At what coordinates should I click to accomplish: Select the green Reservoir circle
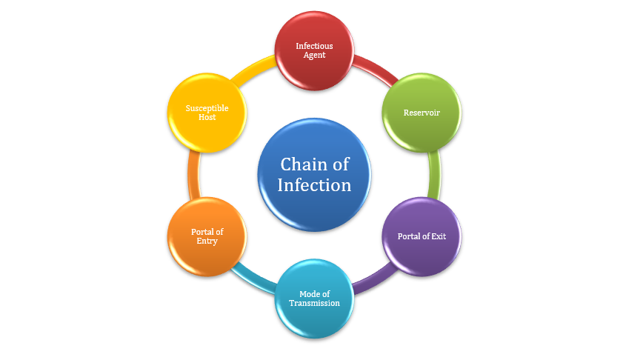point(422,113)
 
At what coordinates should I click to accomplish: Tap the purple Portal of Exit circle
point(421,237)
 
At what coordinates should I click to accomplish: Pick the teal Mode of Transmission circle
point(314,299)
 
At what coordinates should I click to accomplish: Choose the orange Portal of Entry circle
point(207,237)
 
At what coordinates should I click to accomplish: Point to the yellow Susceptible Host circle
point(207,113)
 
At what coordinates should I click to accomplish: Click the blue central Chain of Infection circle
point(314,175)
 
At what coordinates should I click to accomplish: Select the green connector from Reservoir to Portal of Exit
point(435,175)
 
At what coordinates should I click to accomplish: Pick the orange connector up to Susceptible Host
point(194,175)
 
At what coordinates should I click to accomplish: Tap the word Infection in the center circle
point(314,184)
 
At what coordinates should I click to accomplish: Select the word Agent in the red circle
point(314,55)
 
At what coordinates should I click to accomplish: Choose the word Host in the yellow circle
point(207,117)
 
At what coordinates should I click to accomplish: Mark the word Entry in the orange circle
point(207,241)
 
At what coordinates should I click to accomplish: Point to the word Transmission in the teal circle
point(314,303)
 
